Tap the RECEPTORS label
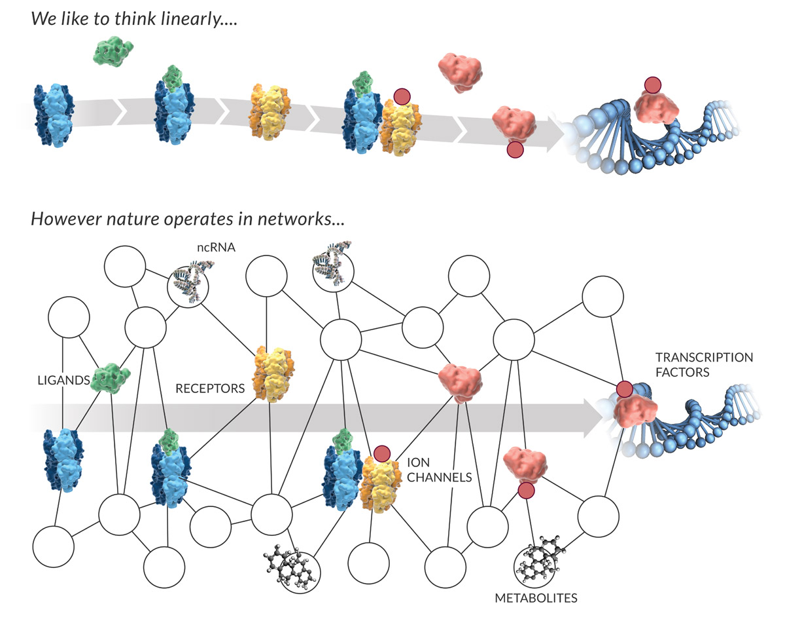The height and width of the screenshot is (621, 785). click(209, 388)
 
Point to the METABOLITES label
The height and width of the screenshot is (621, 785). click(536, 597)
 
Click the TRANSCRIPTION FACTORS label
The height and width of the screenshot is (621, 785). click(704, 366)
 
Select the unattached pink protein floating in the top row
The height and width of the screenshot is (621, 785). click(459, 71)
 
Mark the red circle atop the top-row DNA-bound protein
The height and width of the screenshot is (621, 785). click(652, 85)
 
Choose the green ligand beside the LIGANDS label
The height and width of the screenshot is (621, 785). click(109, 378)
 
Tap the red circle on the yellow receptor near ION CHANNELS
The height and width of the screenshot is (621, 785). click(382, 453)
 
